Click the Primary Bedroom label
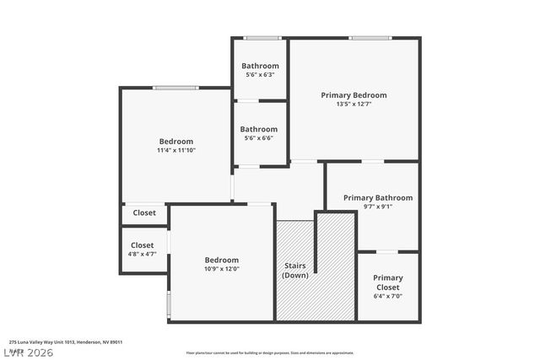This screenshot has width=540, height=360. click(x=354, y=95)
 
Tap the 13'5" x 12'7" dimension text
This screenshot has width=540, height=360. click(x=354, y=105)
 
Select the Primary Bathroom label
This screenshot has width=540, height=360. click(x=378, y=198)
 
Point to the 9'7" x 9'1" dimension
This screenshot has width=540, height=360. click(x=378, y=207)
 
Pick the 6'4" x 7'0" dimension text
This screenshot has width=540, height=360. click(x=388, y=297)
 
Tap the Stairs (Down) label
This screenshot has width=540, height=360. click(x=295, y=271)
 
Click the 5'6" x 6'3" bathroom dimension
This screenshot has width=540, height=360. click(x=260, y=75)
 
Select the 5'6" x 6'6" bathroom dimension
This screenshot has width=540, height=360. click(x=259, y=138)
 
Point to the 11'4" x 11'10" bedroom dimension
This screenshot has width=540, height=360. click(x=176, y=151)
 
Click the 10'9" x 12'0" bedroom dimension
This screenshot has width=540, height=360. click(x=222, y=270)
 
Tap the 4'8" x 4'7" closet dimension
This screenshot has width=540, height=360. click(x=142, y=254)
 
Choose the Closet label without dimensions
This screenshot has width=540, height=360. click(x=144, y=213)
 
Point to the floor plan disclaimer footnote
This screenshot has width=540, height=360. click(x=270, y=352)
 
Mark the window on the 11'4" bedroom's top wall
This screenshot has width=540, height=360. click(x=175, y=88)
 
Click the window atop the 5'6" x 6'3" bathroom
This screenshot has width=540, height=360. click(x=262, y=38)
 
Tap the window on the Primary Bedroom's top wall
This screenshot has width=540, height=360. click(x=370, y=38)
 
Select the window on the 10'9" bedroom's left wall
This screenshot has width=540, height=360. click(x=169, y=303)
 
